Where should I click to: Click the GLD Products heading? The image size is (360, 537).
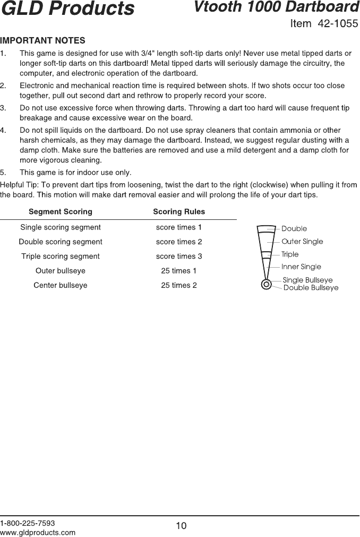point(67,9)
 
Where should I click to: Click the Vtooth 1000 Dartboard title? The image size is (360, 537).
point(276,7)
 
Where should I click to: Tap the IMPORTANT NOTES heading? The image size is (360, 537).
point(43,40)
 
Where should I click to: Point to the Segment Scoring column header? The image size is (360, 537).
point(60,211)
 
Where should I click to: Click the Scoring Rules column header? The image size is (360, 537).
point(179,211)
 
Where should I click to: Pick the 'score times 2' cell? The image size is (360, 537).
point(179,242)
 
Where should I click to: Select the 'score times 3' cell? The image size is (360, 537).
point(179,256)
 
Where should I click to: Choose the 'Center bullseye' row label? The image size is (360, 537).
point(61,285)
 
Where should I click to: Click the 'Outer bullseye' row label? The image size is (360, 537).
point(61,271)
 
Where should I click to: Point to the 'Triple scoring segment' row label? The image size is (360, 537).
point(61,256)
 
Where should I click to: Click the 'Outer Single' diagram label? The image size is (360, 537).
point(302,242)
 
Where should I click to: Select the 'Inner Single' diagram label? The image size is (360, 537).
point(301,267)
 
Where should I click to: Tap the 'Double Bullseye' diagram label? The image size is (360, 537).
point(311,288)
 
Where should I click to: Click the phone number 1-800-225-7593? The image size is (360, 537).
point(28,523)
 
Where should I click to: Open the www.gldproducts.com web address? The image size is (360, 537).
point(38,532)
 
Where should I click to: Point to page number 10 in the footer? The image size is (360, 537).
point(181,526)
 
